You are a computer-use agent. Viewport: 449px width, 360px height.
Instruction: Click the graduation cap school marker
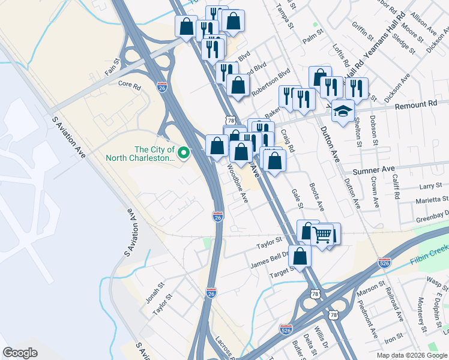click(343, 111)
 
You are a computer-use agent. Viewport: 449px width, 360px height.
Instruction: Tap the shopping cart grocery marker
click(322, 235)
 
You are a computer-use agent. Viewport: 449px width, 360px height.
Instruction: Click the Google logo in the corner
click(20, 353)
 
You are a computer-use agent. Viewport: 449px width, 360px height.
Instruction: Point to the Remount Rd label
click(424, 104)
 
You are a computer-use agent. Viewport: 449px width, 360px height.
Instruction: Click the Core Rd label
click(129, 85)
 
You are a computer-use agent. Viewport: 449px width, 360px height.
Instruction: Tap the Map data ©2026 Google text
click(411, 355)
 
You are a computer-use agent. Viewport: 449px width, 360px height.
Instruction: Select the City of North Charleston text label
click(140, 154)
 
